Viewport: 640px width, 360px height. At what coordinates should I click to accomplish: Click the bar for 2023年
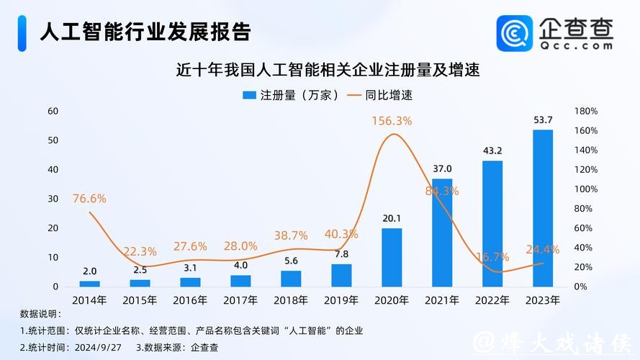[x=542, y=208]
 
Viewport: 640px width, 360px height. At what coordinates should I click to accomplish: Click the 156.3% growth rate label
[x=392, y=121]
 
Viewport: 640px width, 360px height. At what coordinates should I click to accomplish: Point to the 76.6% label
[x=89, y=198]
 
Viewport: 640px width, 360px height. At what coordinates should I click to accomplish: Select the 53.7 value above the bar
[x=542, y=120]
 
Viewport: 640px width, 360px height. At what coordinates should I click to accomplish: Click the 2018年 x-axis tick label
[x=291, y=300]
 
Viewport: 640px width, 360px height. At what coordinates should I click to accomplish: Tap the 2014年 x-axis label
[x=89, y=300]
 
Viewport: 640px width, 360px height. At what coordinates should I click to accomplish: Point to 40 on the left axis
[x=53, y=169]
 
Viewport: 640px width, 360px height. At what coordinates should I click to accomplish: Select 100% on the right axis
[x=585, y=189]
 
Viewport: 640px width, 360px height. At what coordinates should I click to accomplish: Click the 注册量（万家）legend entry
[x=291, y=95]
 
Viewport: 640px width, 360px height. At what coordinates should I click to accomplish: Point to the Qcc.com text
[x=577, y=45]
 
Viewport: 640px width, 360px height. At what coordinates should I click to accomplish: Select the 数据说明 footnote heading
[x=41, y=315]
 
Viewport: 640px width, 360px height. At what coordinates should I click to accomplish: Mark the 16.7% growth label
[x=492, y=256]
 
